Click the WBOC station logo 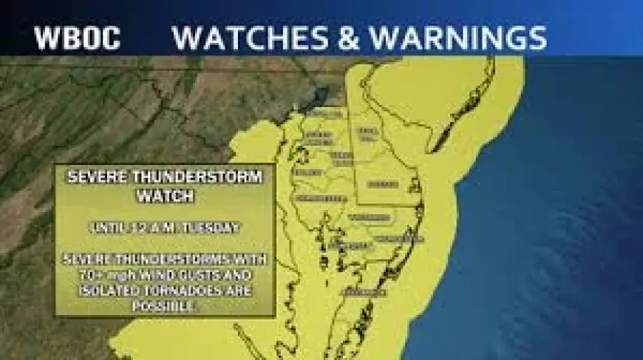pos(77,38)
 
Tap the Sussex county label pos(383,183)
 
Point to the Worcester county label pos(399,239)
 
